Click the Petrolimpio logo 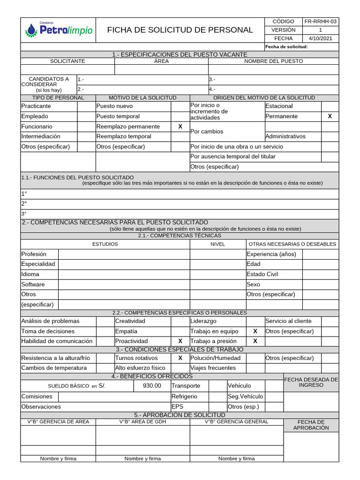(58, 30)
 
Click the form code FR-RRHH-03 (320, 22)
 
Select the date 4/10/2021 (320, 38)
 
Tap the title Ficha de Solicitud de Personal (180, 30)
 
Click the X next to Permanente (330, 116)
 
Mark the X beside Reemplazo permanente (180, 127)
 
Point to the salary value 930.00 (152, 386)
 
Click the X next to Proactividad (180, 341)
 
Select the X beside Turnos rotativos (180, 358)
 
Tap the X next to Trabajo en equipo (255, 331)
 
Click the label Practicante (36, 106)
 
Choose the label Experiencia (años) (271, 254)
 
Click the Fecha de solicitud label (286, 47)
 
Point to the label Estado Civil (262, 274)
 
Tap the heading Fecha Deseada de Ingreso (311, 382)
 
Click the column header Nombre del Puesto (273, 61)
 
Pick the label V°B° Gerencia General (236, 422)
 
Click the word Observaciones (41, 407)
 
